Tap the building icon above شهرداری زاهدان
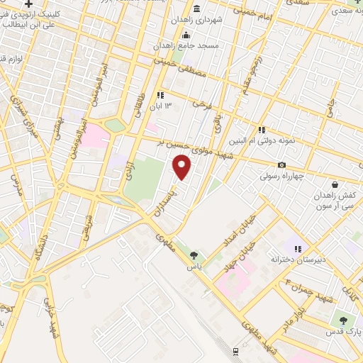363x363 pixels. pyautogui.click(x=196, y=9)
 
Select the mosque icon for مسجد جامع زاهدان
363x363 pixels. pyautogui.click(x=186, y=36)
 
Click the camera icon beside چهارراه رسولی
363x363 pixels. pyautogui.click(x=281, y=165)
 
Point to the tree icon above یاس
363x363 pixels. pyautogui.click(x=194, y=255)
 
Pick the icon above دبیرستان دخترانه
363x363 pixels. pyautogui.click(x=298, y=249)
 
